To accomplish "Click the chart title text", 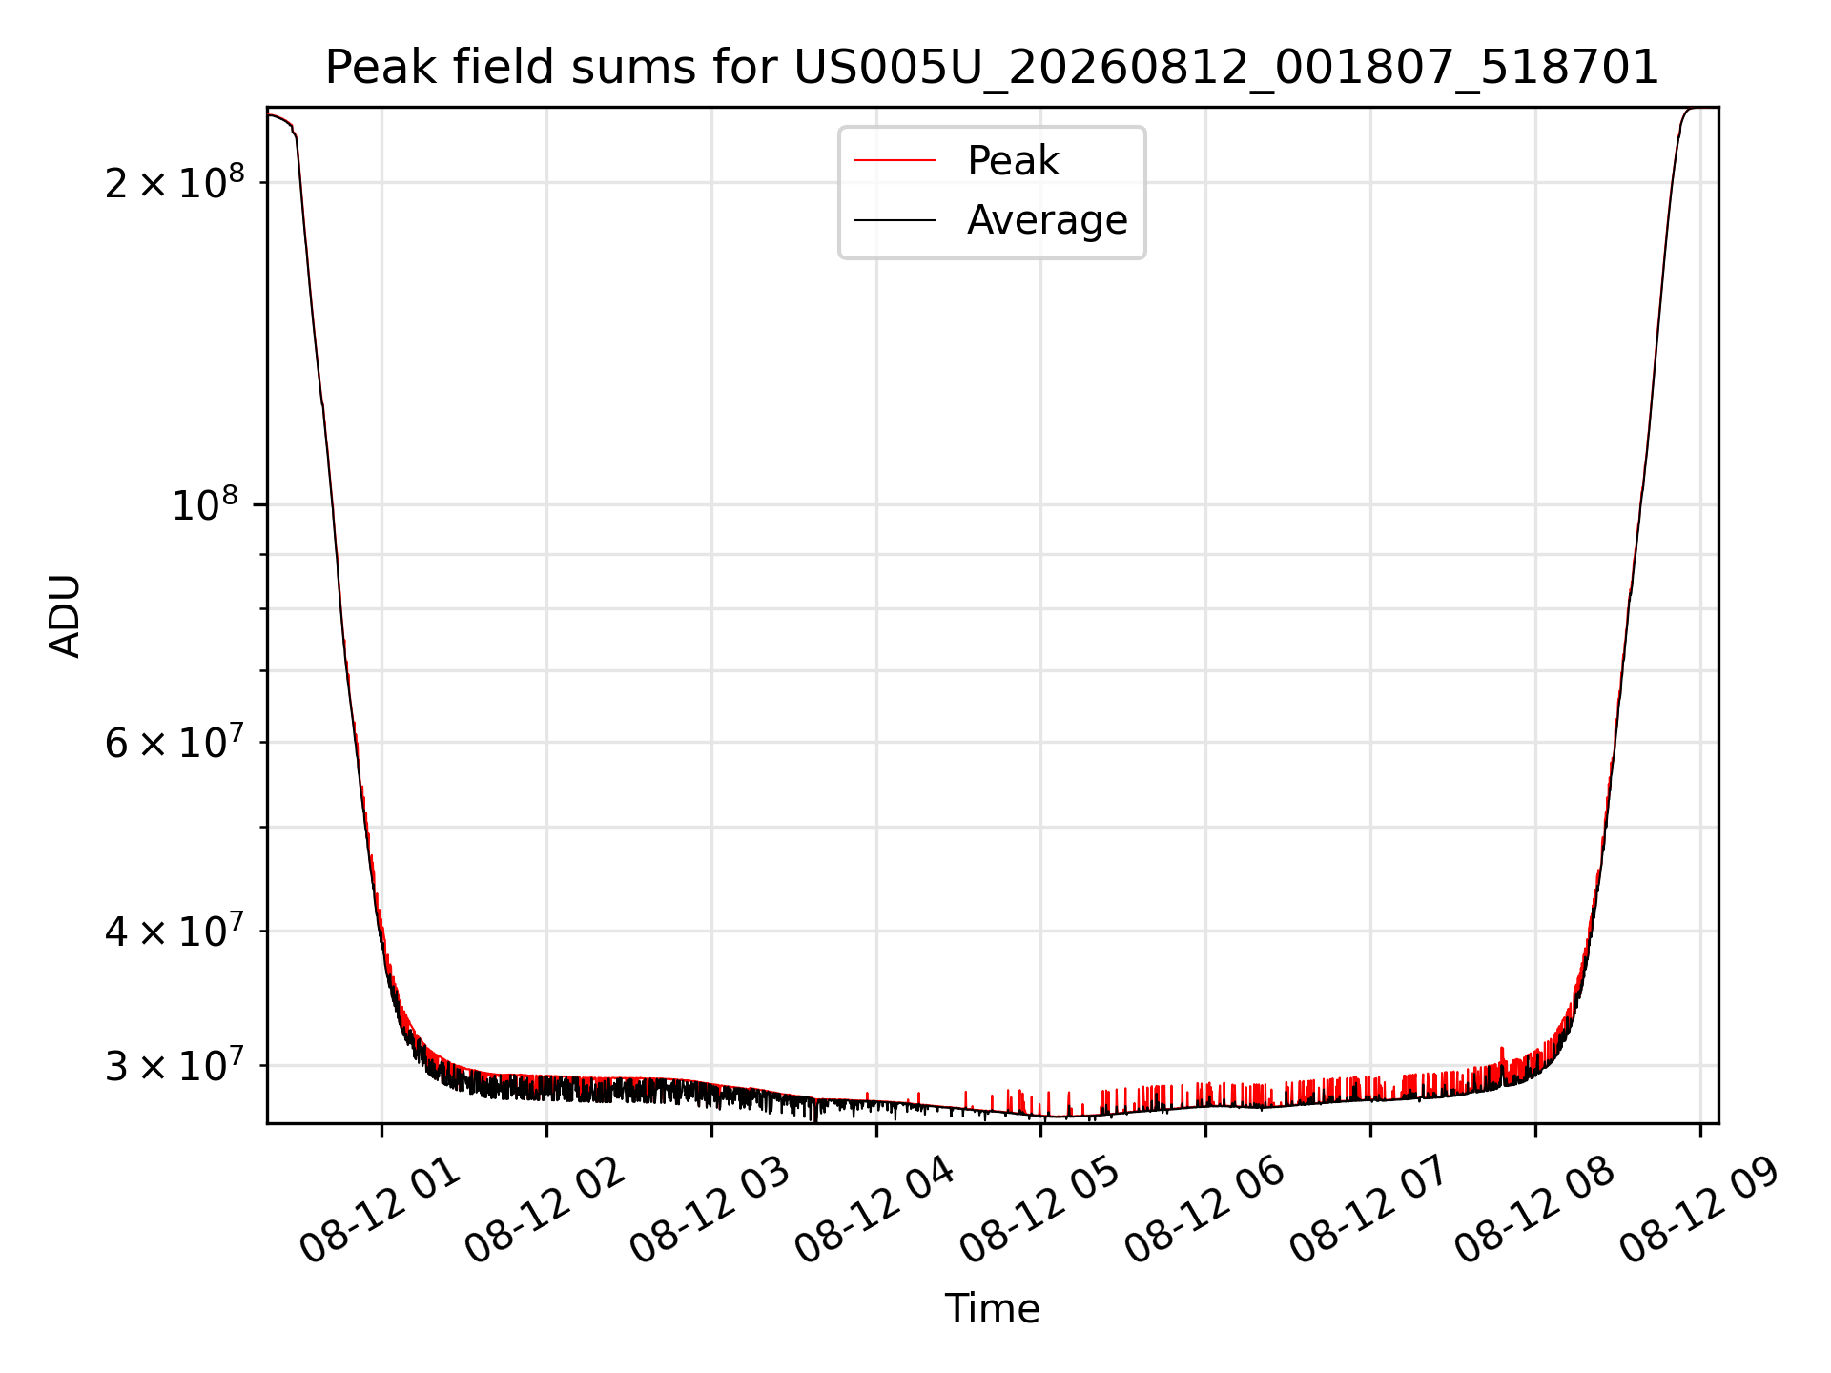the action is click(992, 68).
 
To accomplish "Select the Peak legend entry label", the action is click(1013, 161).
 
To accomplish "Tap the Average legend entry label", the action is click(1047, 220).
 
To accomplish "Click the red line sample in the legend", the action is click(895, 161).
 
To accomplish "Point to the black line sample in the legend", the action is click(895, 220).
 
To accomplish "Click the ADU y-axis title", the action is click(65, 616).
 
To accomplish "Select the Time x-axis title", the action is click(992, 1308).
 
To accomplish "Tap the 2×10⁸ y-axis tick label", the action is click(175, 181).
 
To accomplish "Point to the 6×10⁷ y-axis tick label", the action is click(175, 741).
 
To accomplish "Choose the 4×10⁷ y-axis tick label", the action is click(175, 930).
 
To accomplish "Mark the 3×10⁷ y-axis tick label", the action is click(175, 1064).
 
